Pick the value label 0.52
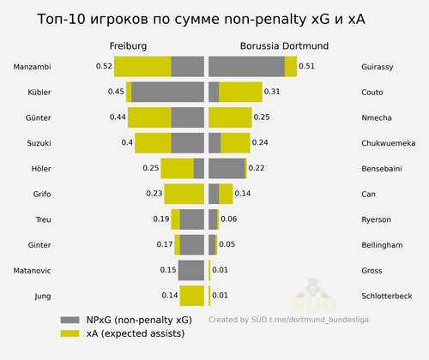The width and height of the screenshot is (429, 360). pos(104,66)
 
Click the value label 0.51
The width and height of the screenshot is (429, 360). pos(306,66)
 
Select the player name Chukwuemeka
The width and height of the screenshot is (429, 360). pos(391,142)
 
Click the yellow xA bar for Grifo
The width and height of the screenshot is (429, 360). pos(184,194)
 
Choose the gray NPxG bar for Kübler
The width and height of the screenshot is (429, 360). pos(167,92)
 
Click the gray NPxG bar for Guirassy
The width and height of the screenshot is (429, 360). pos(246,66)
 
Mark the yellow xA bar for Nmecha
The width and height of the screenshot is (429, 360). pos(230,117)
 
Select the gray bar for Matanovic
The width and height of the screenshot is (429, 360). pos(191,270)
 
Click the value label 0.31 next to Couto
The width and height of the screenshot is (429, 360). pos(272,92)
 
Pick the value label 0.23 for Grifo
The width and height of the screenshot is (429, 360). pos(154,194)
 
